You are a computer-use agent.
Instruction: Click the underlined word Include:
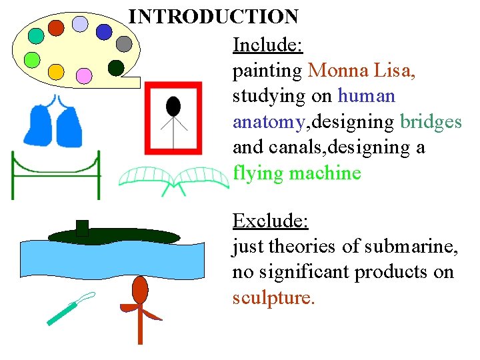tap(267, 45)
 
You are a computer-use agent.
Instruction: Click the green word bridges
tap(431, 122)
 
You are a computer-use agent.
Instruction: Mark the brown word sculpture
tap(271, 297)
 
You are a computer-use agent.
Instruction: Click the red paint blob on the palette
tap(56, 27)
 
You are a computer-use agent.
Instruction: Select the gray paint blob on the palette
tap(124, 44)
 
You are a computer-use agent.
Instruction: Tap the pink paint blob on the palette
tap(84, 76)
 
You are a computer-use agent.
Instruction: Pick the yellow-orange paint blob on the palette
tap(56, 71)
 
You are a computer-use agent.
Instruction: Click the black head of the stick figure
tap(173, 106)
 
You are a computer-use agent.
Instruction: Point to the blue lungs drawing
tap(53, 121)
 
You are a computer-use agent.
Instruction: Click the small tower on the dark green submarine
tap(82, 228)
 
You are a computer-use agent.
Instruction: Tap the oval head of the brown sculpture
tap(140, 290)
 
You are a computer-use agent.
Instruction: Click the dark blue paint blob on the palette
tap(104, 31)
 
